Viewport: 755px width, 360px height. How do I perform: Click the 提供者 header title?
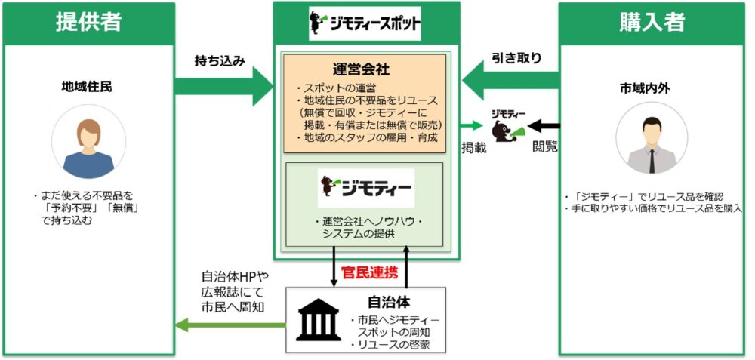(89, 22)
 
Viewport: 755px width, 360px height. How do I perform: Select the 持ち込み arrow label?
(220, 60)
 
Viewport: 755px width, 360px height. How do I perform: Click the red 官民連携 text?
(370, 272)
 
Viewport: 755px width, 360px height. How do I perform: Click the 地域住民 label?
(88, 87)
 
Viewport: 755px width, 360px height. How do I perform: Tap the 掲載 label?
(473, 147)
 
